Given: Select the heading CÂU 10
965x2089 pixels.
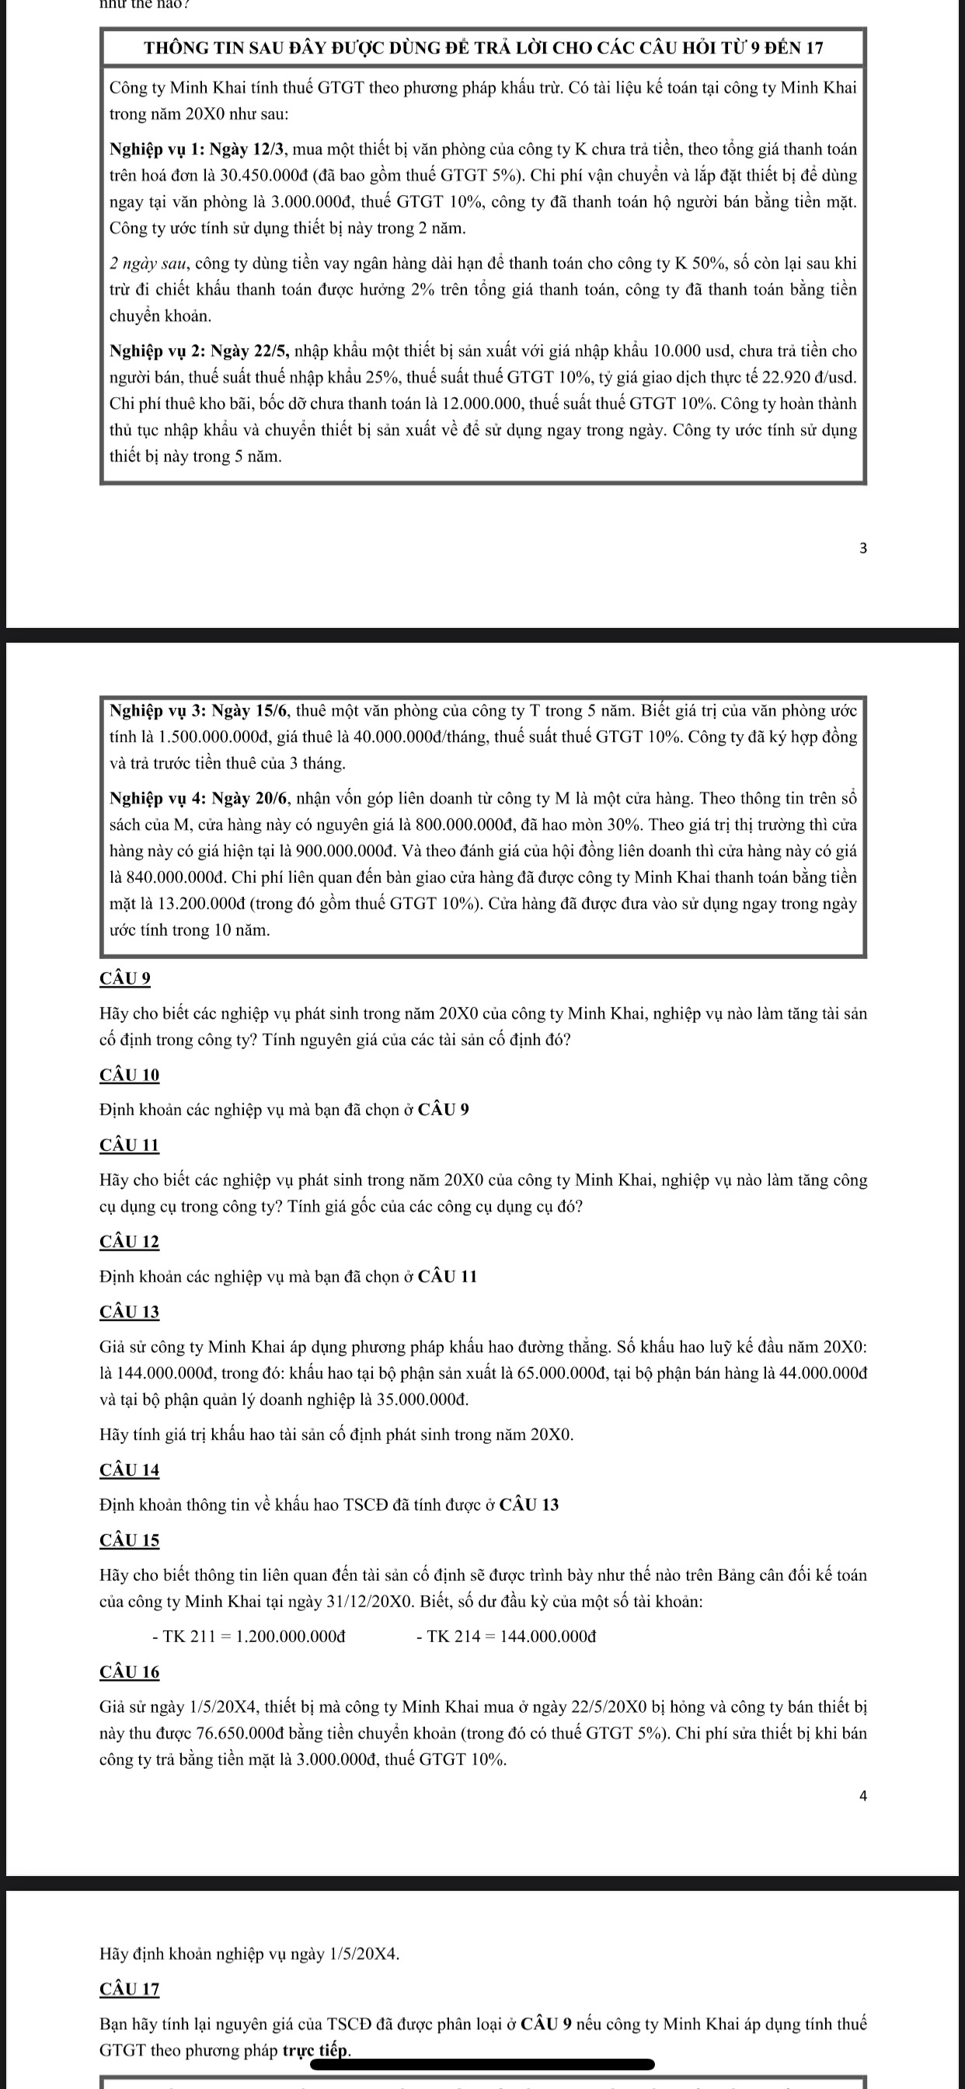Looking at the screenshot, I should [x=129, y=1075].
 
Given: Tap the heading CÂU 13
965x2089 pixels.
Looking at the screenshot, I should [x=129, y=1311].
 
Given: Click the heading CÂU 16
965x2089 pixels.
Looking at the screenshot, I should [x=129, y=1672].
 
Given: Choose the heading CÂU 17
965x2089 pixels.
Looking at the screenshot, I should [x=129, y=1989].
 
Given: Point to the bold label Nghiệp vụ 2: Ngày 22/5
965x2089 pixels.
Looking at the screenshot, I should [x=200, y=351].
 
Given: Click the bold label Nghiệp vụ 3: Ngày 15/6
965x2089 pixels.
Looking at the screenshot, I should [x=200, y=711].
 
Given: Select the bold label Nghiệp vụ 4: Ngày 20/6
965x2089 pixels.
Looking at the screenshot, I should [x=200, y=799].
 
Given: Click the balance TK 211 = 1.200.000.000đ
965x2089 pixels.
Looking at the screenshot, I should [x=249, y=1637].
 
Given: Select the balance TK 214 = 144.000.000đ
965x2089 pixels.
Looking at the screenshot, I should [x=506, y=1637].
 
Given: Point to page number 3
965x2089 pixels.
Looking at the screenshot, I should [x=862, y=548].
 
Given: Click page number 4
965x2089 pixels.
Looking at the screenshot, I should [x=862, y=1795].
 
